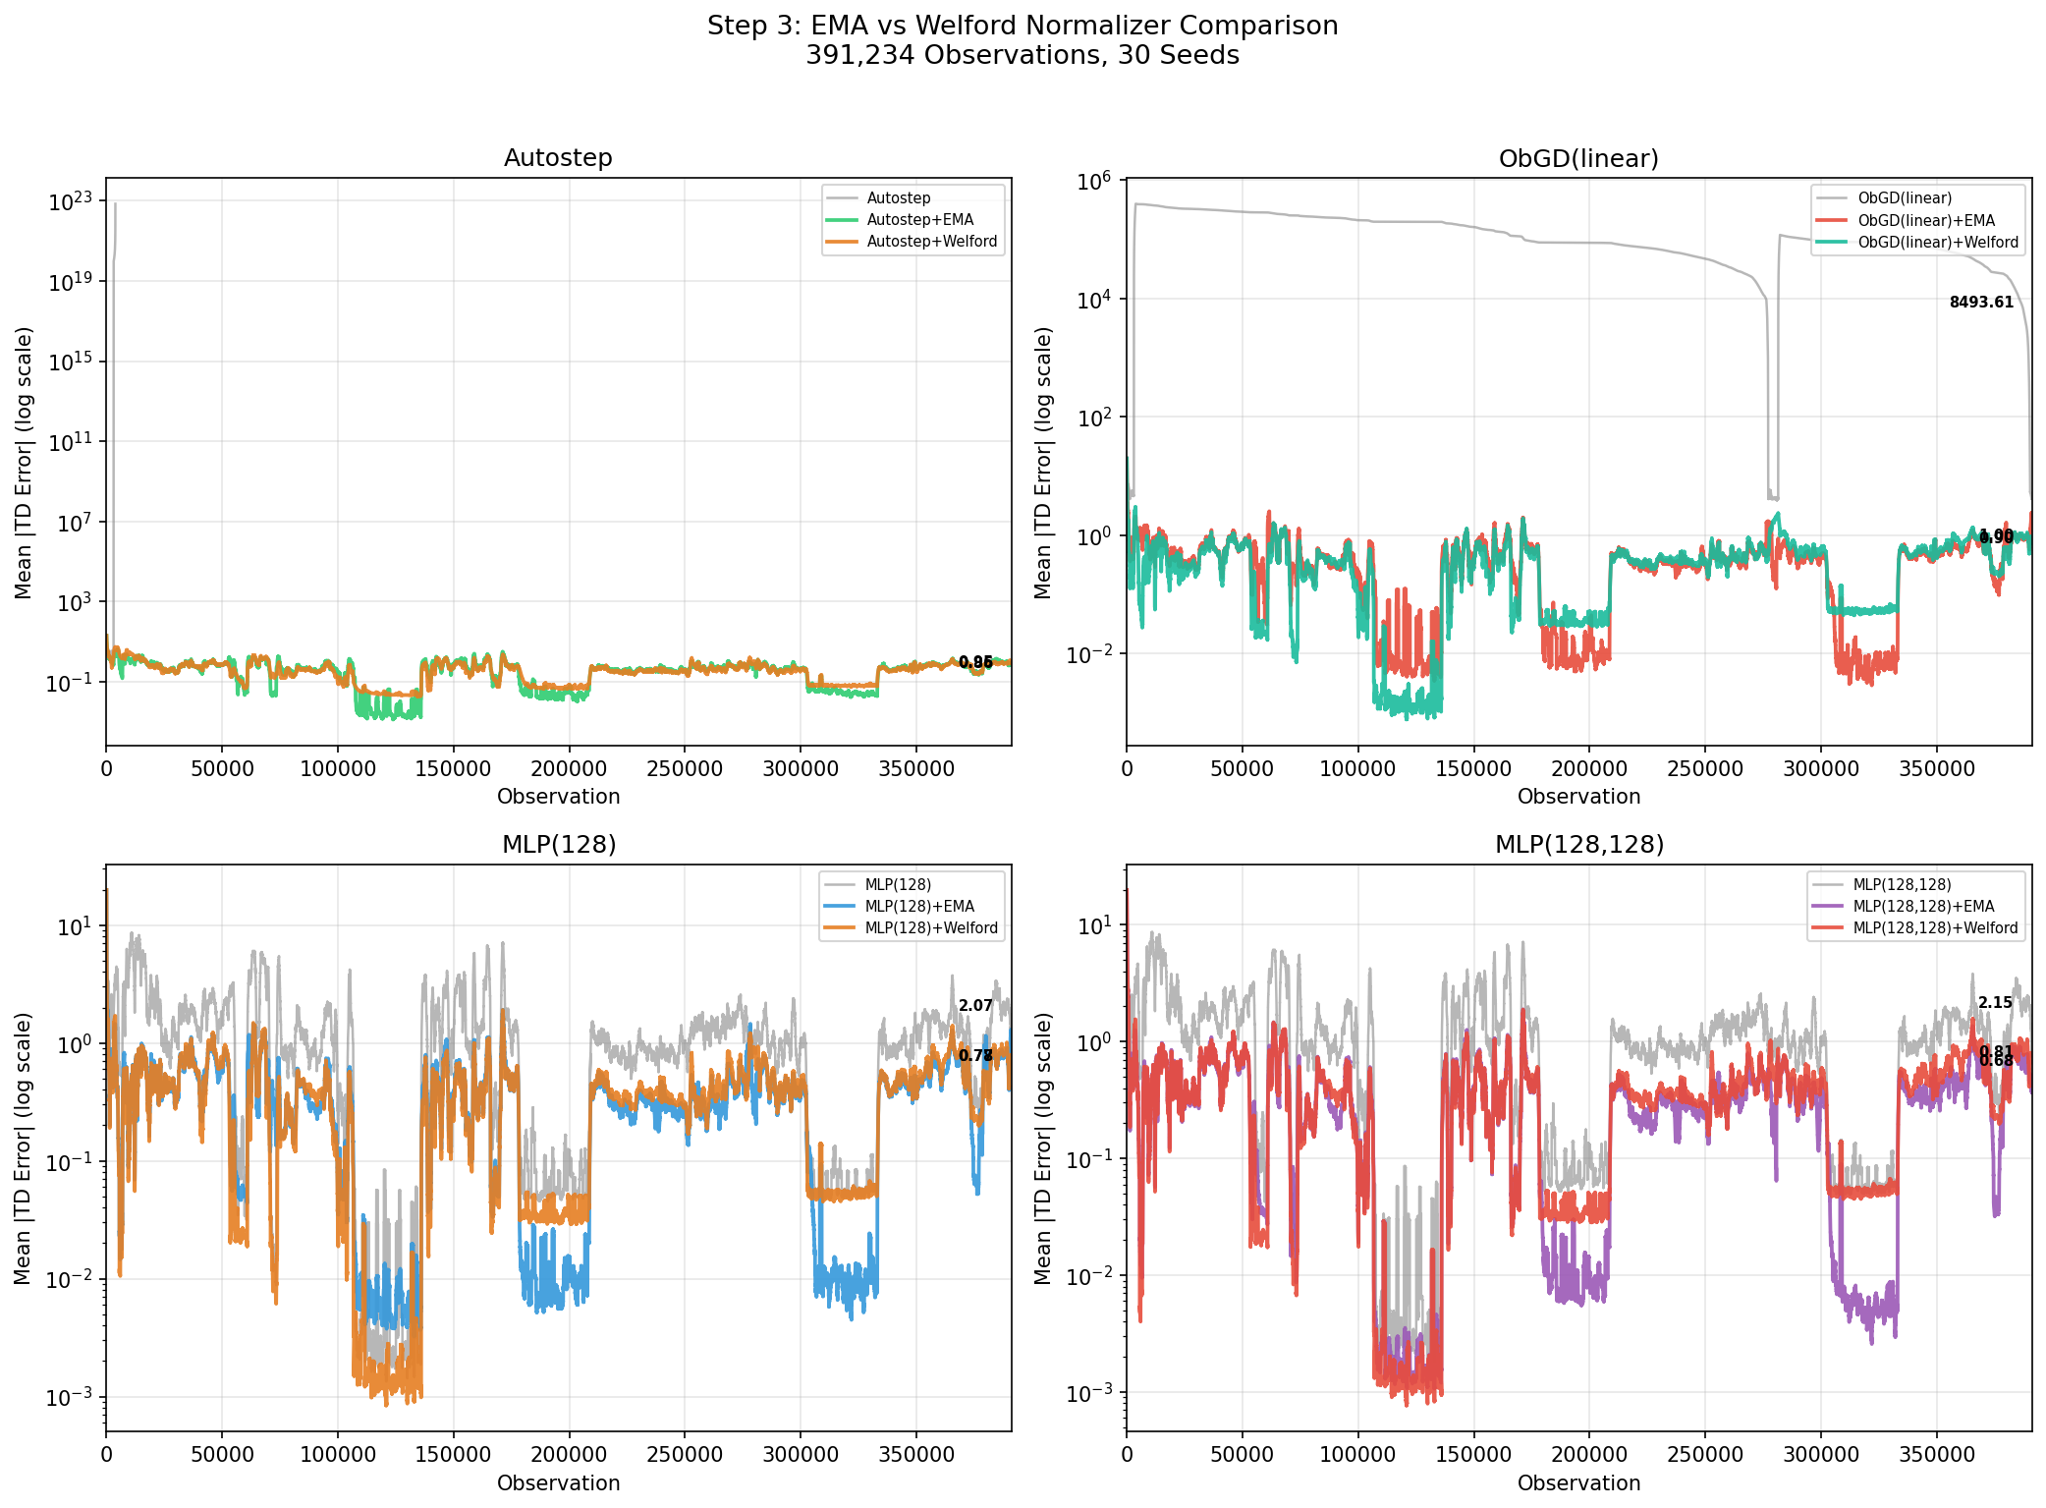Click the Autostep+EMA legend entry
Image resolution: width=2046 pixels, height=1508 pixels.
(919, 220)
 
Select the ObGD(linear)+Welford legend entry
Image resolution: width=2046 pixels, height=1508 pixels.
(1937, 242)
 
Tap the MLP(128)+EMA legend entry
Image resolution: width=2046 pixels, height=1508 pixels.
(918, 906)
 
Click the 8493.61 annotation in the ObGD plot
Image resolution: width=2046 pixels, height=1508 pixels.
(1980, 303)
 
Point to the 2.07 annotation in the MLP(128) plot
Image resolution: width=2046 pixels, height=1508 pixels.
(975, 1006)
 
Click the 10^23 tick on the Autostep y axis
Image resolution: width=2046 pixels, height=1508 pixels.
(76, 202)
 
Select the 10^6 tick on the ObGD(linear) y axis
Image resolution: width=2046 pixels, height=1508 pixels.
(1093, 181)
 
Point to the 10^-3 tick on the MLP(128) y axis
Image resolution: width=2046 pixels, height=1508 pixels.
(69, 1397)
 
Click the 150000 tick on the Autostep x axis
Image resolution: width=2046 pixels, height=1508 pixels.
(453, 768)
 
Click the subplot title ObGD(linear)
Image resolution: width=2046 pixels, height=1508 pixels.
(1578, 158)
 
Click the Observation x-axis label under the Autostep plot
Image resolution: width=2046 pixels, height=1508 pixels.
(558, 797)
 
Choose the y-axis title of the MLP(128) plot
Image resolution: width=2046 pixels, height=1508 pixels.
(24, 1147)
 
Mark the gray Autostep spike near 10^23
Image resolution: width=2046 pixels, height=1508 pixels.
(115, 206)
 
